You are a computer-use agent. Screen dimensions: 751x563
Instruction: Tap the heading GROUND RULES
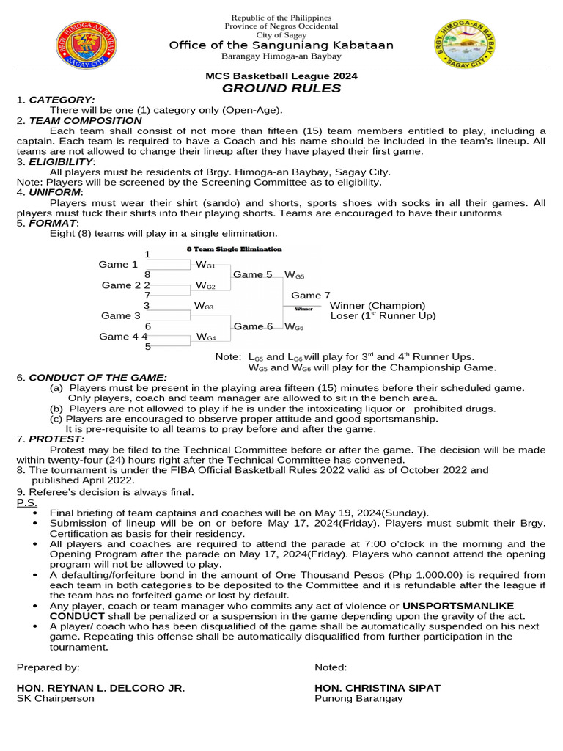pos(281,89)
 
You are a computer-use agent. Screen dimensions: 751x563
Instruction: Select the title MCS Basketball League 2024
pos(281,76)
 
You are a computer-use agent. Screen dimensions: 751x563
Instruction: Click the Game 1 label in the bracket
pos(118,264)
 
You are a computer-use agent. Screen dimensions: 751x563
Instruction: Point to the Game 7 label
pos(311,296)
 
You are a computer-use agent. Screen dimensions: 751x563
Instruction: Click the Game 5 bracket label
pos(252,274)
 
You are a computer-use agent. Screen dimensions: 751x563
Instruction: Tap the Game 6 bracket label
pos(253,326)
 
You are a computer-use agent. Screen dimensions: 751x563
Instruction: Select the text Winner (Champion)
pos(378,305)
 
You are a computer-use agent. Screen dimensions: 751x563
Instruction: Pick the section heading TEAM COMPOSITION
pos(85,120)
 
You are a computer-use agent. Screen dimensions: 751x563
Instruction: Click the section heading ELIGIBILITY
pos(61,161)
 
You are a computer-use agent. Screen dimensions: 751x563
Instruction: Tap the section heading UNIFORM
pos(56,192)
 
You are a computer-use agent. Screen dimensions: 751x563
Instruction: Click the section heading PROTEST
pos(56,439)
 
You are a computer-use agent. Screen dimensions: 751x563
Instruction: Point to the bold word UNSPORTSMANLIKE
pos(458,606)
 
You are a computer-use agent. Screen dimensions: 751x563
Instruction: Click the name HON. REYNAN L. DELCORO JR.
pos(100,688)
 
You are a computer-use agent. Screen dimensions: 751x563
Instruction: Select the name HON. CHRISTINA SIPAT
pos(378,688)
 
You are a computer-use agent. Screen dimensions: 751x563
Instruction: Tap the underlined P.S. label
pos(26,503)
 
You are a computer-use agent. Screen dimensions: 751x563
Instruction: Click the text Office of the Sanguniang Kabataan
pos(281,45)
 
